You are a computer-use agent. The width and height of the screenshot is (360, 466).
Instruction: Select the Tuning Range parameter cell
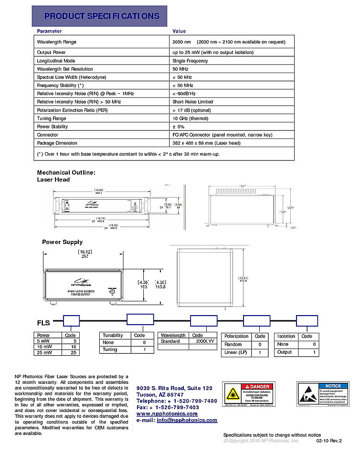click(x=52, y=118)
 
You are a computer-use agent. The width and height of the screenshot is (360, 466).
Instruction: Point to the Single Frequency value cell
click(x=190, y=61)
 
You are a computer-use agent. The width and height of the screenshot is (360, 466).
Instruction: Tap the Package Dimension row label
click(x=57, y=143)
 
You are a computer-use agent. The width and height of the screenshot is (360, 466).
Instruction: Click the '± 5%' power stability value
click(x=178, y=127)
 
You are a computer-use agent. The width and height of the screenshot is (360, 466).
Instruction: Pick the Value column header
click(x=179, y=31)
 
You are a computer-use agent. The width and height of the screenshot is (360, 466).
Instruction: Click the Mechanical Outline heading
click(x=66, y=172)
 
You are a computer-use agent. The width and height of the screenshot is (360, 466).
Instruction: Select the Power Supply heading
click(x=62, y=242)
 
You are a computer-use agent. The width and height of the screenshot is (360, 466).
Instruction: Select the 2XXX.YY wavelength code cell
click(x=203, y=341)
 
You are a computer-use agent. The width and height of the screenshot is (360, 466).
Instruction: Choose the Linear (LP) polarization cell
click(x=236, y=353)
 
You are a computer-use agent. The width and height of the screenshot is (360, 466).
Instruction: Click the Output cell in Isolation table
click(x=285, y=352)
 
